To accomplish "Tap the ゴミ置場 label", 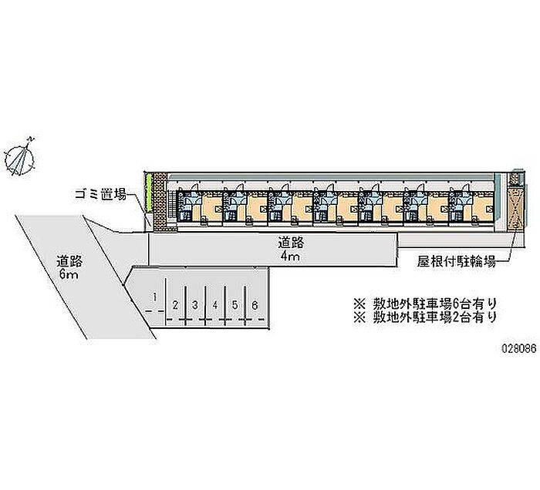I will click(x=100, y=194).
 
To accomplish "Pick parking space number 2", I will click(x=177, y=304).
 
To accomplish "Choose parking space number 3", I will click(x=196, y=304).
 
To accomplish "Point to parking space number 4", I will click(x=215, y=304).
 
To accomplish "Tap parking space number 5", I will click(x=235, y=304).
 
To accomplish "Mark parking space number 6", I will click(x=254, y=304).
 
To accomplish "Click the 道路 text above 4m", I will click(x=291, y=242).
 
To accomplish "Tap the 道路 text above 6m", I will click(x=68, y=260).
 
